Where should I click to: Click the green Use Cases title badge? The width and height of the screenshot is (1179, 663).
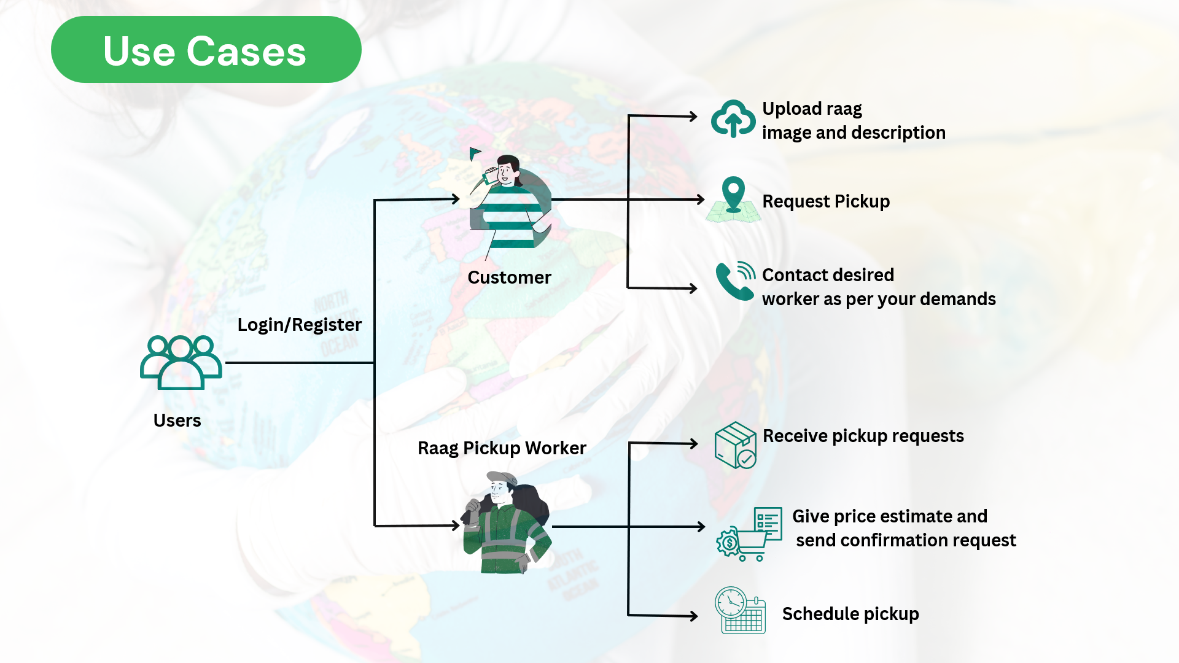coord(206,50)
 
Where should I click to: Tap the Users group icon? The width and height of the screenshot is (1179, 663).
coord(181,362)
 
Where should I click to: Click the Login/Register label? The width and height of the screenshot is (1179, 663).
coord(300,325)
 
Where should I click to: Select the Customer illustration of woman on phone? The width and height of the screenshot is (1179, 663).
coord(510,203)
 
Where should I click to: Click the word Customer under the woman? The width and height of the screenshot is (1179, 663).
coord(509,277)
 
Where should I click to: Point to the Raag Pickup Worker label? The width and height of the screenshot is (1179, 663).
coord(502,448)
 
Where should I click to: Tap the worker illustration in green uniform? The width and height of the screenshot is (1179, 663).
coord(507,523)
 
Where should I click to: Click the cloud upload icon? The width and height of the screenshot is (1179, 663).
coord(733,118)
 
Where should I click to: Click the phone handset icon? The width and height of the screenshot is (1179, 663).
coord(734,281)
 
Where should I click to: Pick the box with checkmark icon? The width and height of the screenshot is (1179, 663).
coord(736,445)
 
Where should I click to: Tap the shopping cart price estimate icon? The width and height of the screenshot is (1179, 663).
coord(749,534)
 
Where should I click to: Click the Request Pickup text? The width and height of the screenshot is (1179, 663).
coord(826,201)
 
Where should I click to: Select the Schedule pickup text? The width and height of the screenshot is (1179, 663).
coord(850,614)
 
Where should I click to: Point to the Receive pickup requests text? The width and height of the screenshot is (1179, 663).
coord(863,436)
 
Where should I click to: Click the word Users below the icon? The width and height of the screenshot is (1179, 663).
coord(177,421)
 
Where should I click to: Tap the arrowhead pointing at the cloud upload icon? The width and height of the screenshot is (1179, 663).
coord(693,116)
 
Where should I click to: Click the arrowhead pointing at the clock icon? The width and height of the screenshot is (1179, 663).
coord(694,616)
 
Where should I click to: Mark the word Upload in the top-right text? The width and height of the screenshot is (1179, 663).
coord(792,109)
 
